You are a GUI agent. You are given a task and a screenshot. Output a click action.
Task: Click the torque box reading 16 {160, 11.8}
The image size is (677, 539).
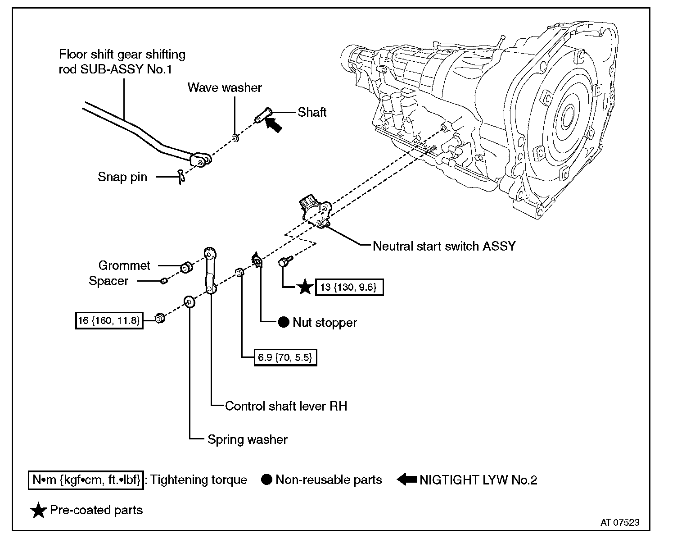pyautogui.click(x=109, y=320)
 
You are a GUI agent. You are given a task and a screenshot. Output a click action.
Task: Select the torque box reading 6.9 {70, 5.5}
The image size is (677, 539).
pyautogui.click(x=285, y=357)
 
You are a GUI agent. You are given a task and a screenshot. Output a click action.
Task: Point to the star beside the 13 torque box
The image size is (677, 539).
pyautogui.click(x=306, y=287)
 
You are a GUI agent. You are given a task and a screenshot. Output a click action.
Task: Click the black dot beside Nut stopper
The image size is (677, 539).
pyautogui.click(x=283, y=322)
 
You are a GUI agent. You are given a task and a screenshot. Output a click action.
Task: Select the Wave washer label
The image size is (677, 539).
pyautogui.click(x=225, y=87)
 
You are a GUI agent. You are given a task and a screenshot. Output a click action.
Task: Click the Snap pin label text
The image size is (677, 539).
pyautogui.click(x=122, y=177)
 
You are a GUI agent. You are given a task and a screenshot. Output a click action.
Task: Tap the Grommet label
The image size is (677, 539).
pyautogui.click(x=124, y=265)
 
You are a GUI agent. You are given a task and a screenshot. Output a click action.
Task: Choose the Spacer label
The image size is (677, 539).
pyautogui.click(x=108, y=281)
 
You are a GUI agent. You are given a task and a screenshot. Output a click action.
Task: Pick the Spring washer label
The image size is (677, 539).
pyautogui.click(x=247, y=439)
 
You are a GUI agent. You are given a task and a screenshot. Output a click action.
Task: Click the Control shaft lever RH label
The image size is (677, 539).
pyautogui.click(x=286, y=406)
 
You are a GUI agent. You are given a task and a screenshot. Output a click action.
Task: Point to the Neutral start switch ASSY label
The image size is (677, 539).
pyautogui.click(x=444, y=246)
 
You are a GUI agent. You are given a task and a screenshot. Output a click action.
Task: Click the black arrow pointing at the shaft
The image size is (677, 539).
pyautogui.click(x=274, y=124)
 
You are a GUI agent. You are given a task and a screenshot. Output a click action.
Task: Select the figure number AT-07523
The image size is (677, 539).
pyautogui.click(x=620, y=523)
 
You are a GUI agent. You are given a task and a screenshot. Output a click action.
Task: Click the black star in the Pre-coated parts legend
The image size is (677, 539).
pyautogui.click(x=38, y=510)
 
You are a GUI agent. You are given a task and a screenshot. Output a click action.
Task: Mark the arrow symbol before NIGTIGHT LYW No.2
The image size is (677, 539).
pyautogui.click(x=407, y=480)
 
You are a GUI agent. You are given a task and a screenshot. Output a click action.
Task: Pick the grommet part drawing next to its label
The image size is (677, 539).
pyautogui.click(x=186, y=267)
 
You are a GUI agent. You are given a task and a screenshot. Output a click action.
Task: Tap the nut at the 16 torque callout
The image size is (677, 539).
pyautogui.click(x=159, y=318)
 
